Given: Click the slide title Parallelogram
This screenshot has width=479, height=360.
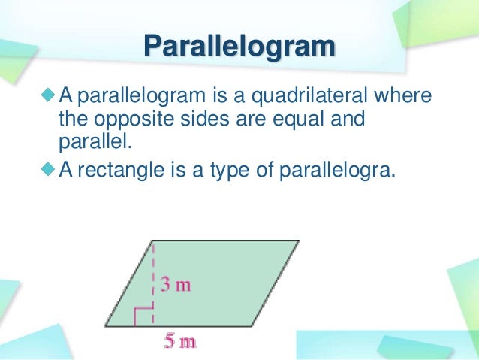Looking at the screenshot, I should [239, 47].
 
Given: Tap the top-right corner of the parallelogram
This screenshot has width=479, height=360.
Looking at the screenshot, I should [298, 241].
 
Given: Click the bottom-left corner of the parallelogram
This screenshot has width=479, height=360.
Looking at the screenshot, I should [104, 326].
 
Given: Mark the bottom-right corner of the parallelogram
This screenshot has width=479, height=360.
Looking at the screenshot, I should [251, 326].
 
